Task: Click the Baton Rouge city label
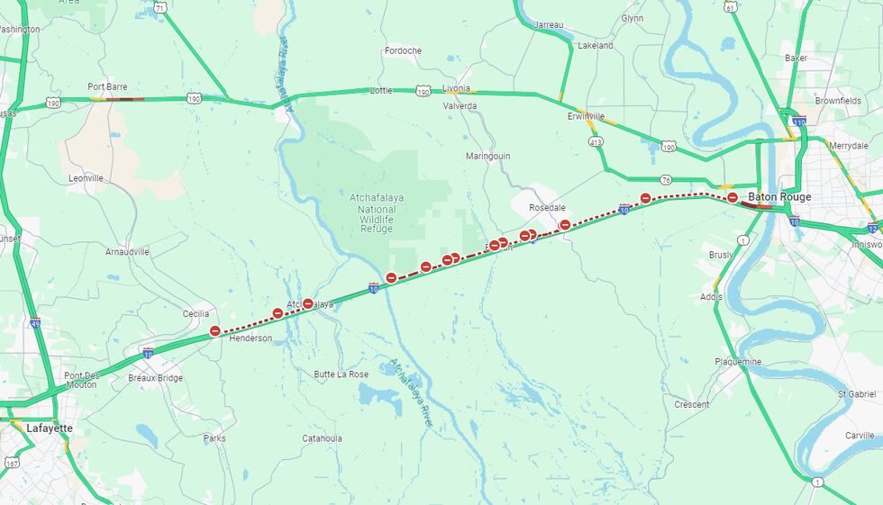tap(779, 197)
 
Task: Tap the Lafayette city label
tap(50, 428)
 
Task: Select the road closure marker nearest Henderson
tap(214, 331)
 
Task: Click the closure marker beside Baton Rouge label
tap(733, 197)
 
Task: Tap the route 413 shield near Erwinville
tap(595, 141)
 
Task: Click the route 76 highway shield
tap(665, 180)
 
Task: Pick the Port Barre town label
tap(107, 86)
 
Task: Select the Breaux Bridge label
tap(155, 378)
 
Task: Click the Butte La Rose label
tap(341, 374)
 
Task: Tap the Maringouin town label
tap(487, 156)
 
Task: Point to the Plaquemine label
tap(737, 362)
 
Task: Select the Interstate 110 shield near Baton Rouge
tap(798, 121)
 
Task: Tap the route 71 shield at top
tap(159, 6)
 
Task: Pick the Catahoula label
tap(322, 438)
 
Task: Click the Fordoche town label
tap(402, 50)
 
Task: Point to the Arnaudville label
tap(127, 252)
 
